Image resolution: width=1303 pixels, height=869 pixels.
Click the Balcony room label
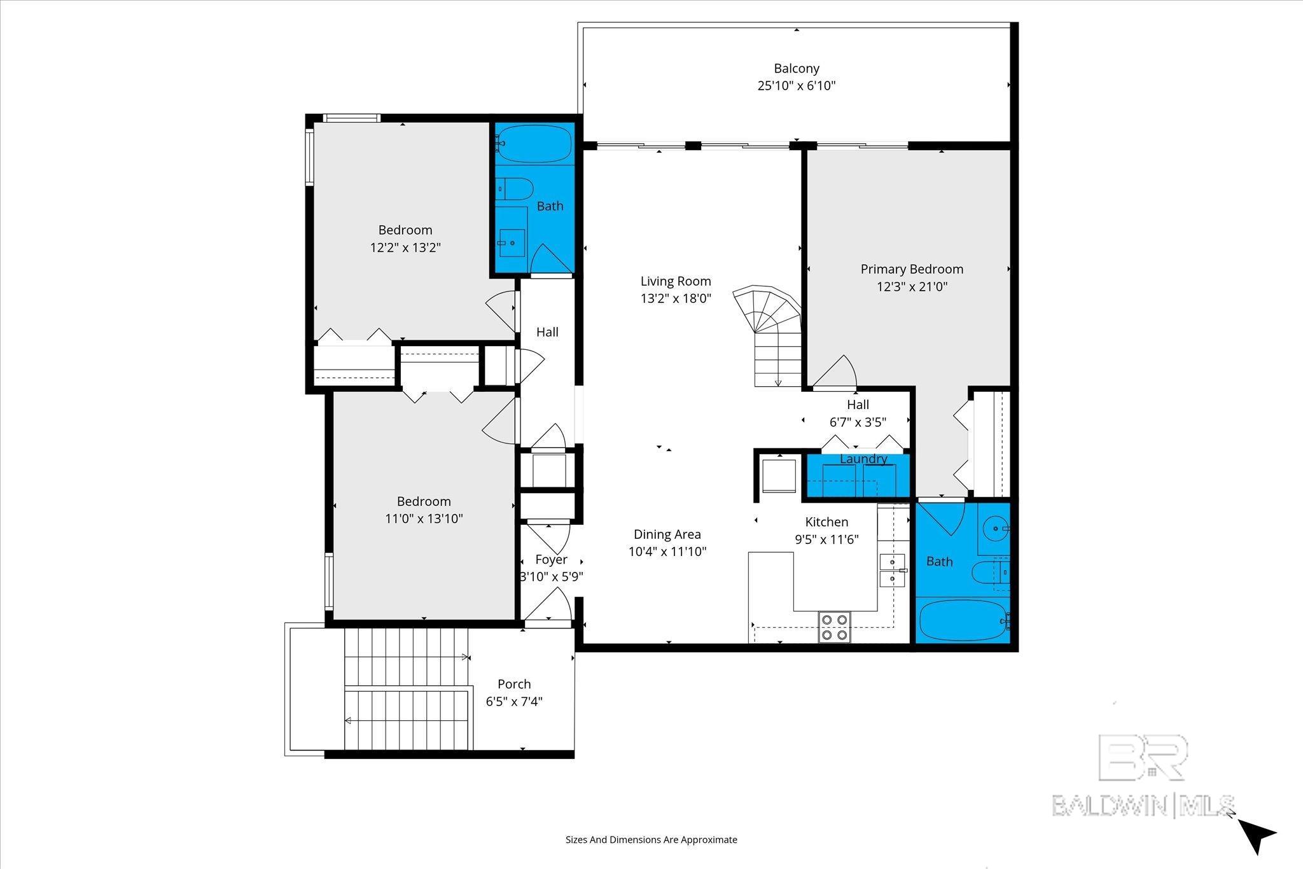[x=796, y=68]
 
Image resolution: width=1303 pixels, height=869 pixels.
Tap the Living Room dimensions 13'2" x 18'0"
[x=675, y=298]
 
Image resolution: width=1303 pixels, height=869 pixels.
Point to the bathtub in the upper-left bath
[x=534, y=144]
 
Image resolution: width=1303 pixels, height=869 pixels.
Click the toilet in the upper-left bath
[x=515, y=188]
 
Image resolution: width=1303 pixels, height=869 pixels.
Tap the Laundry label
[x=863, y=459]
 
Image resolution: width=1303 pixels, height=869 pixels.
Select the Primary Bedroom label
[x=911, y=269]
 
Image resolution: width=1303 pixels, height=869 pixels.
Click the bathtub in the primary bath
[x=963, y=620]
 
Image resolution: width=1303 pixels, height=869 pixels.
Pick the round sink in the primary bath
[x=993, y=527]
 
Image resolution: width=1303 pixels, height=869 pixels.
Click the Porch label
[x=513, y=684]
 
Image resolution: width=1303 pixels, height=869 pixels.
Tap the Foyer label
[x=551, y=559]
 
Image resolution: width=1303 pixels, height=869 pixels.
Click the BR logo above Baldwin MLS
[x=1143, y=757]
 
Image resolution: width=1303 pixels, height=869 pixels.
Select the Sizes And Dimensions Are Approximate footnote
[x=651, y=840]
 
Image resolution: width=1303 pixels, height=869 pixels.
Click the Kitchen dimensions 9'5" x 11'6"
[x=826, y=539]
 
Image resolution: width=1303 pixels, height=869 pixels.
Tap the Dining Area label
[x=667, y=534]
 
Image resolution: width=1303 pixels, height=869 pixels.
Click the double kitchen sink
[x=891, y=570]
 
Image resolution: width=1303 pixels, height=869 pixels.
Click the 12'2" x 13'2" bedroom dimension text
[x=405, y=247]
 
